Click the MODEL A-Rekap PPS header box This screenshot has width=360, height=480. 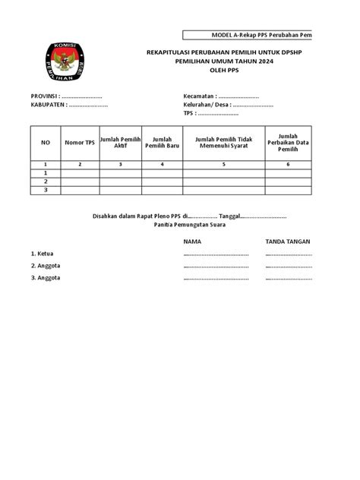[248, 36]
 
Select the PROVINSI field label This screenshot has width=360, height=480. [44, 96]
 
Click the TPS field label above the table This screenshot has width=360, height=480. [189, 113]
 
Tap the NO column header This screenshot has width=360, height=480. [46, 141]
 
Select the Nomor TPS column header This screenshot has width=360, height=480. [80, 141]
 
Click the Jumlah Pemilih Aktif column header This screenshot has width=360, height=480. [120, 141]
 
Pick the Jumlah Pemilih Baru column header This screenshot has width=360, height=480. [163, 141]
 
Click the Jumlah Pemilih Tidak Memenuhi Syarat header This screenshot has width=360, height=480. [223, 141]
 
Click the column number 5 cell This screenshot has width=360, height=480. [223, 164]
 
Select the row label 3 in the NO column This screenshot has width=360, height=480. [46, 190]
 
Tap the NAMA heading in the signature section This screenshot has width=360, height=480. [192, 241]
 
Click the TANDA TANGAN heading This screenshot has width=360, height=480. [287, 241]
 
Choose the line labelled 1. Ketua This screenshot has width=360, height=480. [42, 254]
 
